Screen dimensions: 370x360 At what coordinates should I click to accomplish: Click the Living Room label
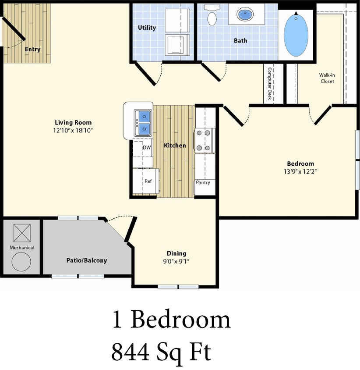click(73, 122)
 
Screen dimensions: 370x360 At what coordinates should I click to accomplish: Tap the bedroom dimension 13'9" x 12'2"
click(300, 171)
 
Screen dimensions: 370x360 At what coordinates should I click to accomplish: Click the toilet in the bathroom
click(212, 17)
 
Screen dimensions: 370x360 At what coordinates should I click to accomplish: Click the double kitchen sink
click(143, 122)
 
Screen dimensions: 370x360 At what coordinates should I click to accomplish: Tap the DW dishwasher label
click(147, 148)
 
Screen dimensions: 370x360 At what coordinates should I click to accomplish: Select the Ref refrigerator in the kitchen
click(148, 181)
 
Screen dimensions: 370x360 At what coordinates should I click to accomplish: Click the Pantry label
click(203, 182)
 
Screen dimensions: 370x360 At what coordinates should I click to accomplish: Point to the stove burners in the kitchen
click(205, 140)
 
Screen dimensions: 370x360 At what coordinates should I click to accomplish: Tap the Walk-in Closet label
click(327, 78)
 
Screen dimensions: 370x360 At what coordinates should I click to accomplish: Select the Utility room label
click(147, 28)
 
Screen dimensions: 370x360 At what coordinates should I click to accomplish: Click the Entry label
click(32, 49)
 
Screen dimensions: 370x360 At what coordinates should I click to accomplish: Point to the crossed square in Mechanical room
click(21, 233)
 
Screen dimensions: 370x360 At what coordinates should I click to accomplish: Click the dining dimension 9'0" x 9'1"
click(176, 261)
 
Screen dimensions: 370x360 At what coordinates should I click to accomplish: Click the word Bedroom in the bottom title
click(180, 320)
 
